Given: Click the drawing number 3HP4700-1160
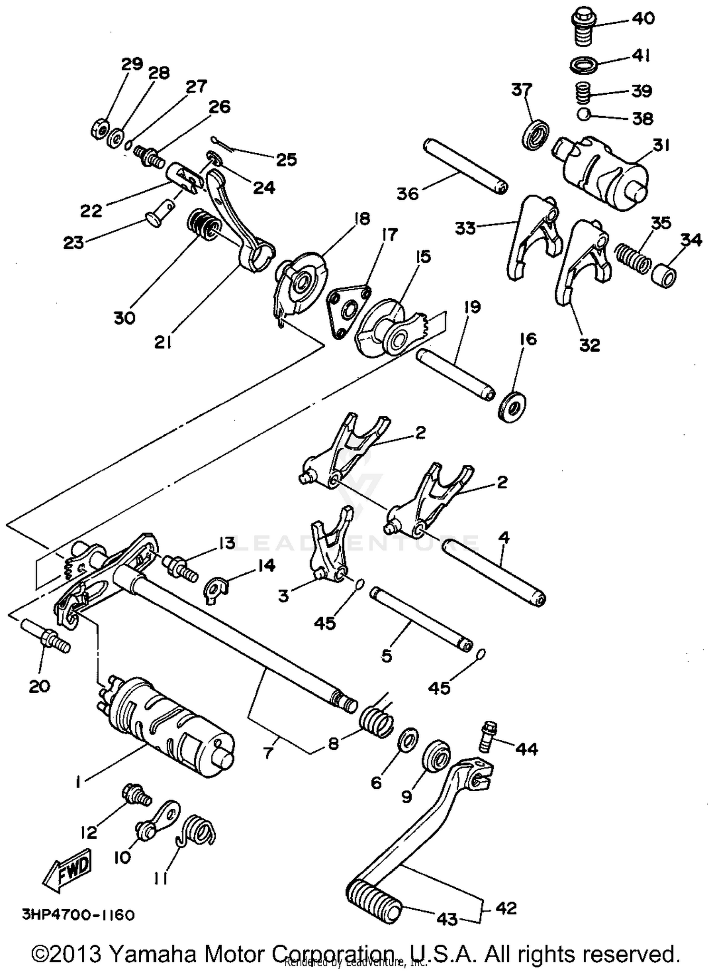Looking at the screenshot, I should pos(78,914).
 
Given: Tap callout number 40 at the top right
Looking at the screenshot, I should pos(643,19).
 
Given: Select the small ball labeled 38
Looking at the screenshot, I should pos(583,115).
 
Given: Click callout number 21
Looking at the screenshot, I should pos(163,342).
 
